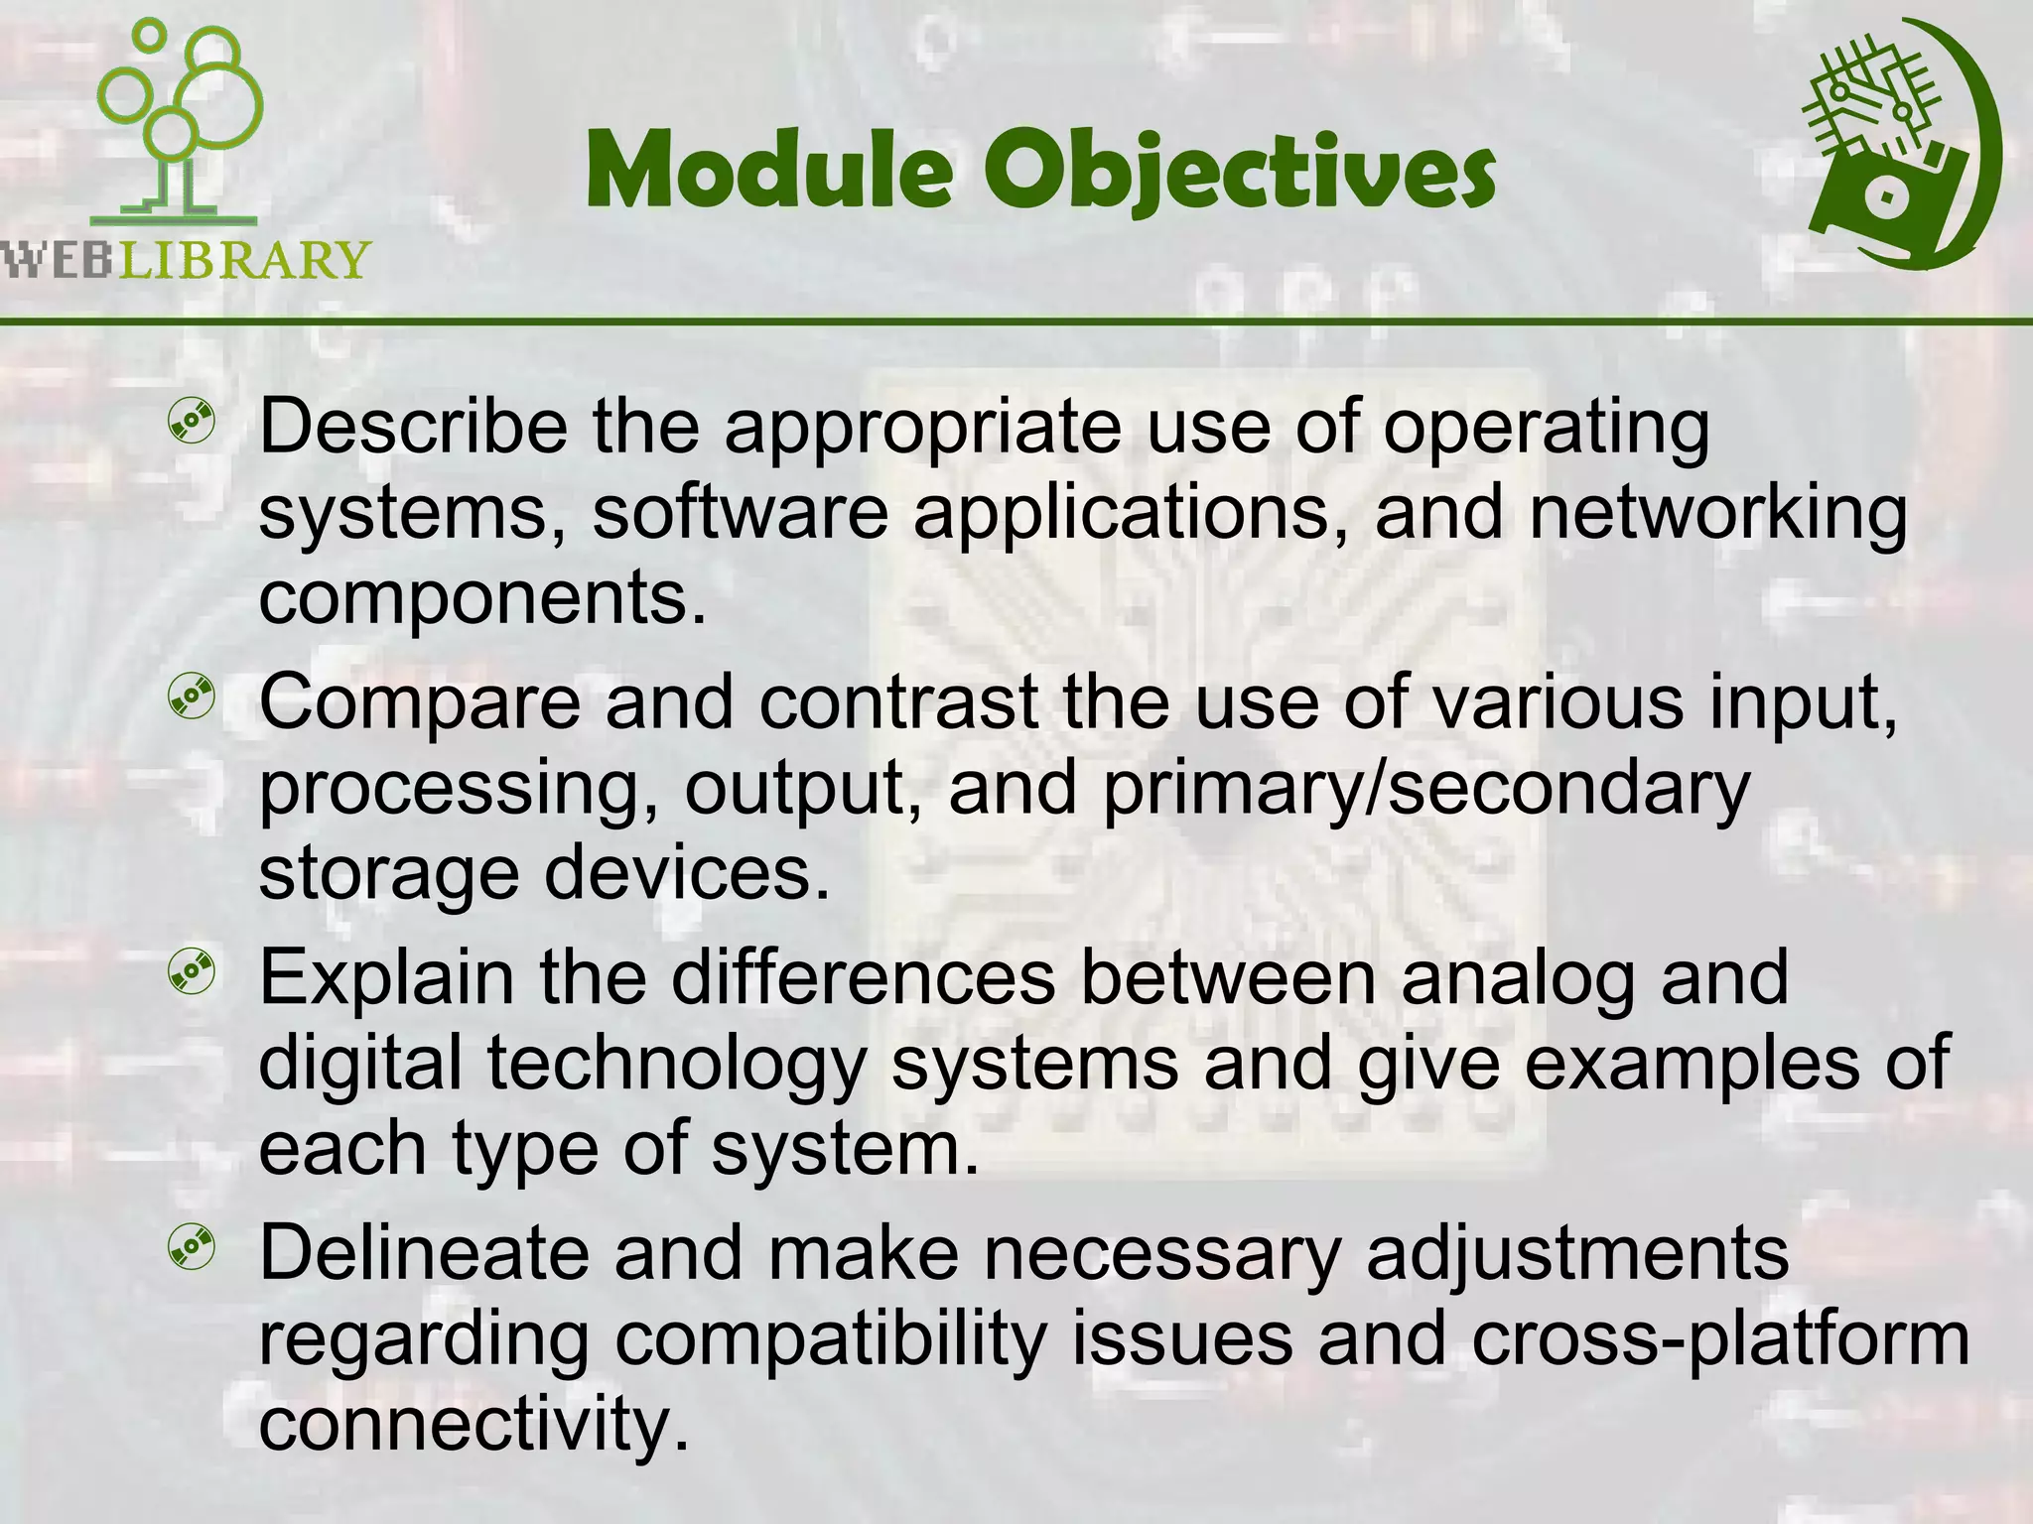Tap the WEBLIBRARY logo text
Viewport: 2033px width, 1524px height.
tap(185, 260)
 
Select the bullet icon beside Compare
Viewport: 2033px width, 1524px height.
tap(192, 699)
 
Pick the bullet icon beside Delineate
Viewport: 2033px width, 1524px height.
tap(192, 1249)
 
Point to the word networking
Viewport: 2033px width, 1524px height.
tap(1717, 514)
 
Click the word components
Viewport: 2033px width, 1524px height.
tap(482, 598)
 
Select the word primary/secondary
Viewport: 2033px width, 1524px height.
tap(1425, 789)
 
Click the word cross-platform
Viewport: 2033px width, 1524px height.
tap(1719, 1339)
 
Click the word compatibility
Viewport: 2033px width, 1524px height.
tap(830, 1339)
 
